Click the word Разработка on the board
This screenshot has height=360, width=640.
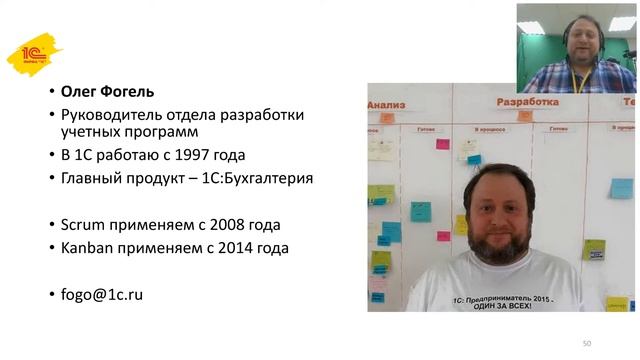tap(526, 102)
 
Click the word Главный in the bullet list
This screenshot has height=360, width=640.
tap(95, 179)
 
